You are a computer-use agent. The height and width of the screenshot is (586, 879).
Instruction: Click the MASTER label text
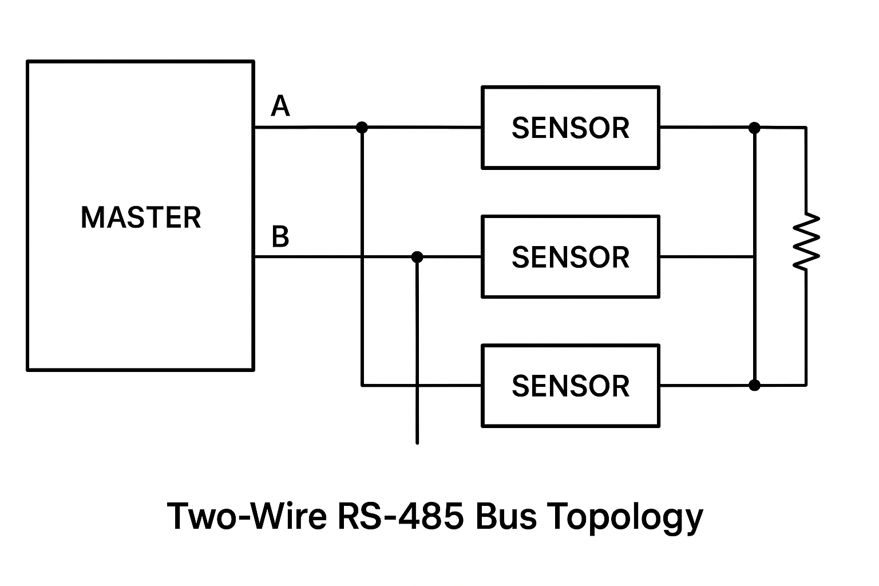coord(141,217)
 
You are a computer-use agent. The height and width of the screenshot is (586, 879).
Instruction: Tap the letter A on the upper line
coord(280,106)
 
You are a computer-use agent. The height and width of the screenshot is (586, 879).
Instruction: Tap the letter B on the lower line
coord(280,236)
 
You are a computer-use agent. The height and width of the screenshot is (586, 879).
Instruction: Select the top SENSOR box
coord(571,128)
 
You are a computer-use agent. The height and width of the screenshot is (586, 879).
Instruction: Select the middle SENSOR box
coord(571,257)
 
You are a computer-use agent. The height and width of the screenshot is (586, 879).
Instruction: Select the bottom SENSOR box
coord(571,386)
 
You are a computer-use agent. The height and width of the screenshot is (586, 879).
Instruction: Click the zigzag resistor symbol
coord(806,241)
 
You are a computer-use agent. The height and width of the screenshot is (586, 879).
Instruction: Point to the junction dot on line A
coord(362,127)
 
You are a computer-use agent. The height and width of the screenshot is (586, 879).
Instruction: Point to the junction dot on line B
coord(417,257)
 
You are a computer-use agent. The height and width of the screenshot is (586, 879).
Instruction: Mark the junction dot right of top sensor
coord(755,128)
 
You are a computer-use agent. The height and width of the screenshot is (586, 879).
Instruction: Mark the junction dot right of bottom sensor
coord(755,385)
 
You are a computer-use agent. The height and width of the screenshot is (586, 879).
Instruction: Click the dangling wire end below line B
coord(417,442)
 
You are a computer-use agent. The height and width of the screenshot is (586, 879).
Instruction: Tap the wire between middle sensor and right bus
coord(707,257)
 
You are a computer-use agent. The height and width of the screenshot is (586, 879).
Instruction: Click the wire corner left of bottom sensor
coord(362,385)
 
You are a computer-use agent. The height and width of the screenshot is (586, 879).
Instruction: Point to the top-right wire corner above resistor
coord(806,128)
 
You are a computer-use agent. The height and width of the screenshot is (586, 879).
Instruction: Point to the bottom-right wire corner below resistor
coord(806,385)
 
